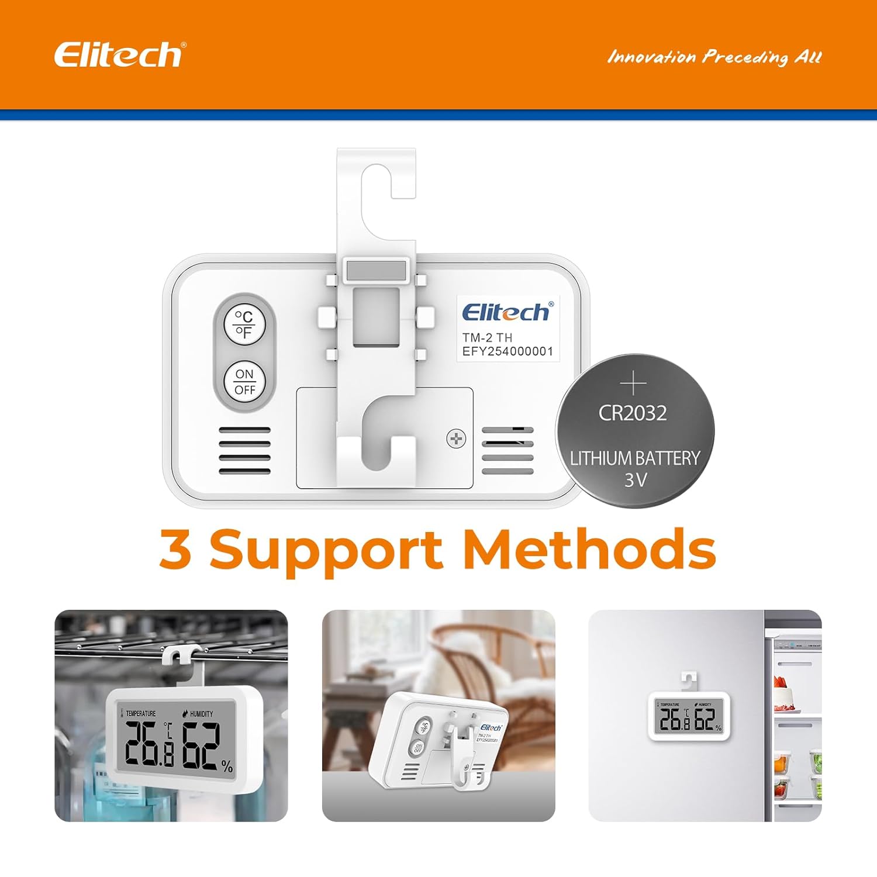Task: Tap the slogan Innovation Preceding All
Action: [x=714, y=57]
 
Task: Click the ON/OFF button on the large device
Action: [x=244, y=382]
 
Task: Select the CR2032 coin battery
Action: [x=634, y=431]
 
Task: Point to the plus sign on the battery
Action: [x=633, y=384]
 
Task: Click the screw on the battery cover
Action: [x=455, y=438]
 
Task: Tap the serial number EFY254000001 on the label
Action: [x=507, y=351]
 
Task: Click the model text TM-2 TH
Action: [x=487, y=337]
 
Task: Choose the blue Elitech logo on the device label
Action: [x=506, y=312]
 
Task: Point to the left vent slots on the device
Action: [x=244, y=450]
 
